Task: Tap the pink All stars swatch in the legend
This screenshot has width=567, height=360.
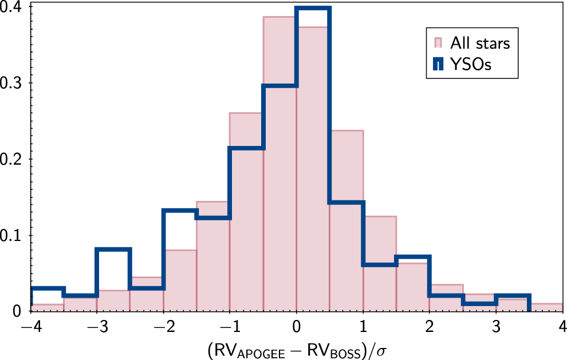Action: (438, 43)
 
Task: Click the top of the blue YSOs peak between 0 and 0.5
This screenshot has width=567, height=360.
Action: (313, 8)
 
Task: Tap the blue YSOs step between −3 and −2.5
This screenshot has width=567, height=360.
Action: (113, 250)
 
